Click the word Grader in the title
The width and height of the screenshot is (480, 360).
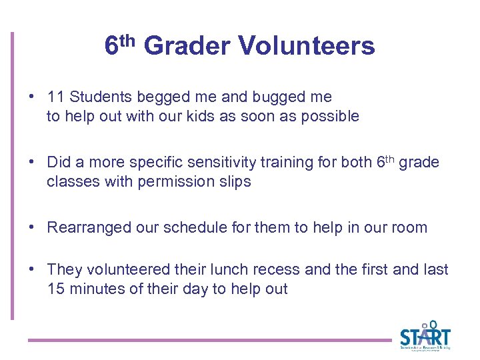pos(187,46)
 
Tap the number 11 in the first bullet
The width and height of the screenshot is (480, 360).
pos(55,97)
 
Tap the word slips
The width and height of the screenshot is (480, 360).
pos(234,182)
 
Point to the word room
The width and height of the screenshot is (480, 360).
pos(410,228)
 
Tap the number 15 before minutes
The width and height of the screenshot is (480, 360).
pos(55,289)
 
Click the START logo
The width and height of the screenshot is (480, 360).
pos(425,337)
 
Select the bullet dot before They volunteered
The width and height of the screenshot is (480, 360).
pos(32,270)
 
